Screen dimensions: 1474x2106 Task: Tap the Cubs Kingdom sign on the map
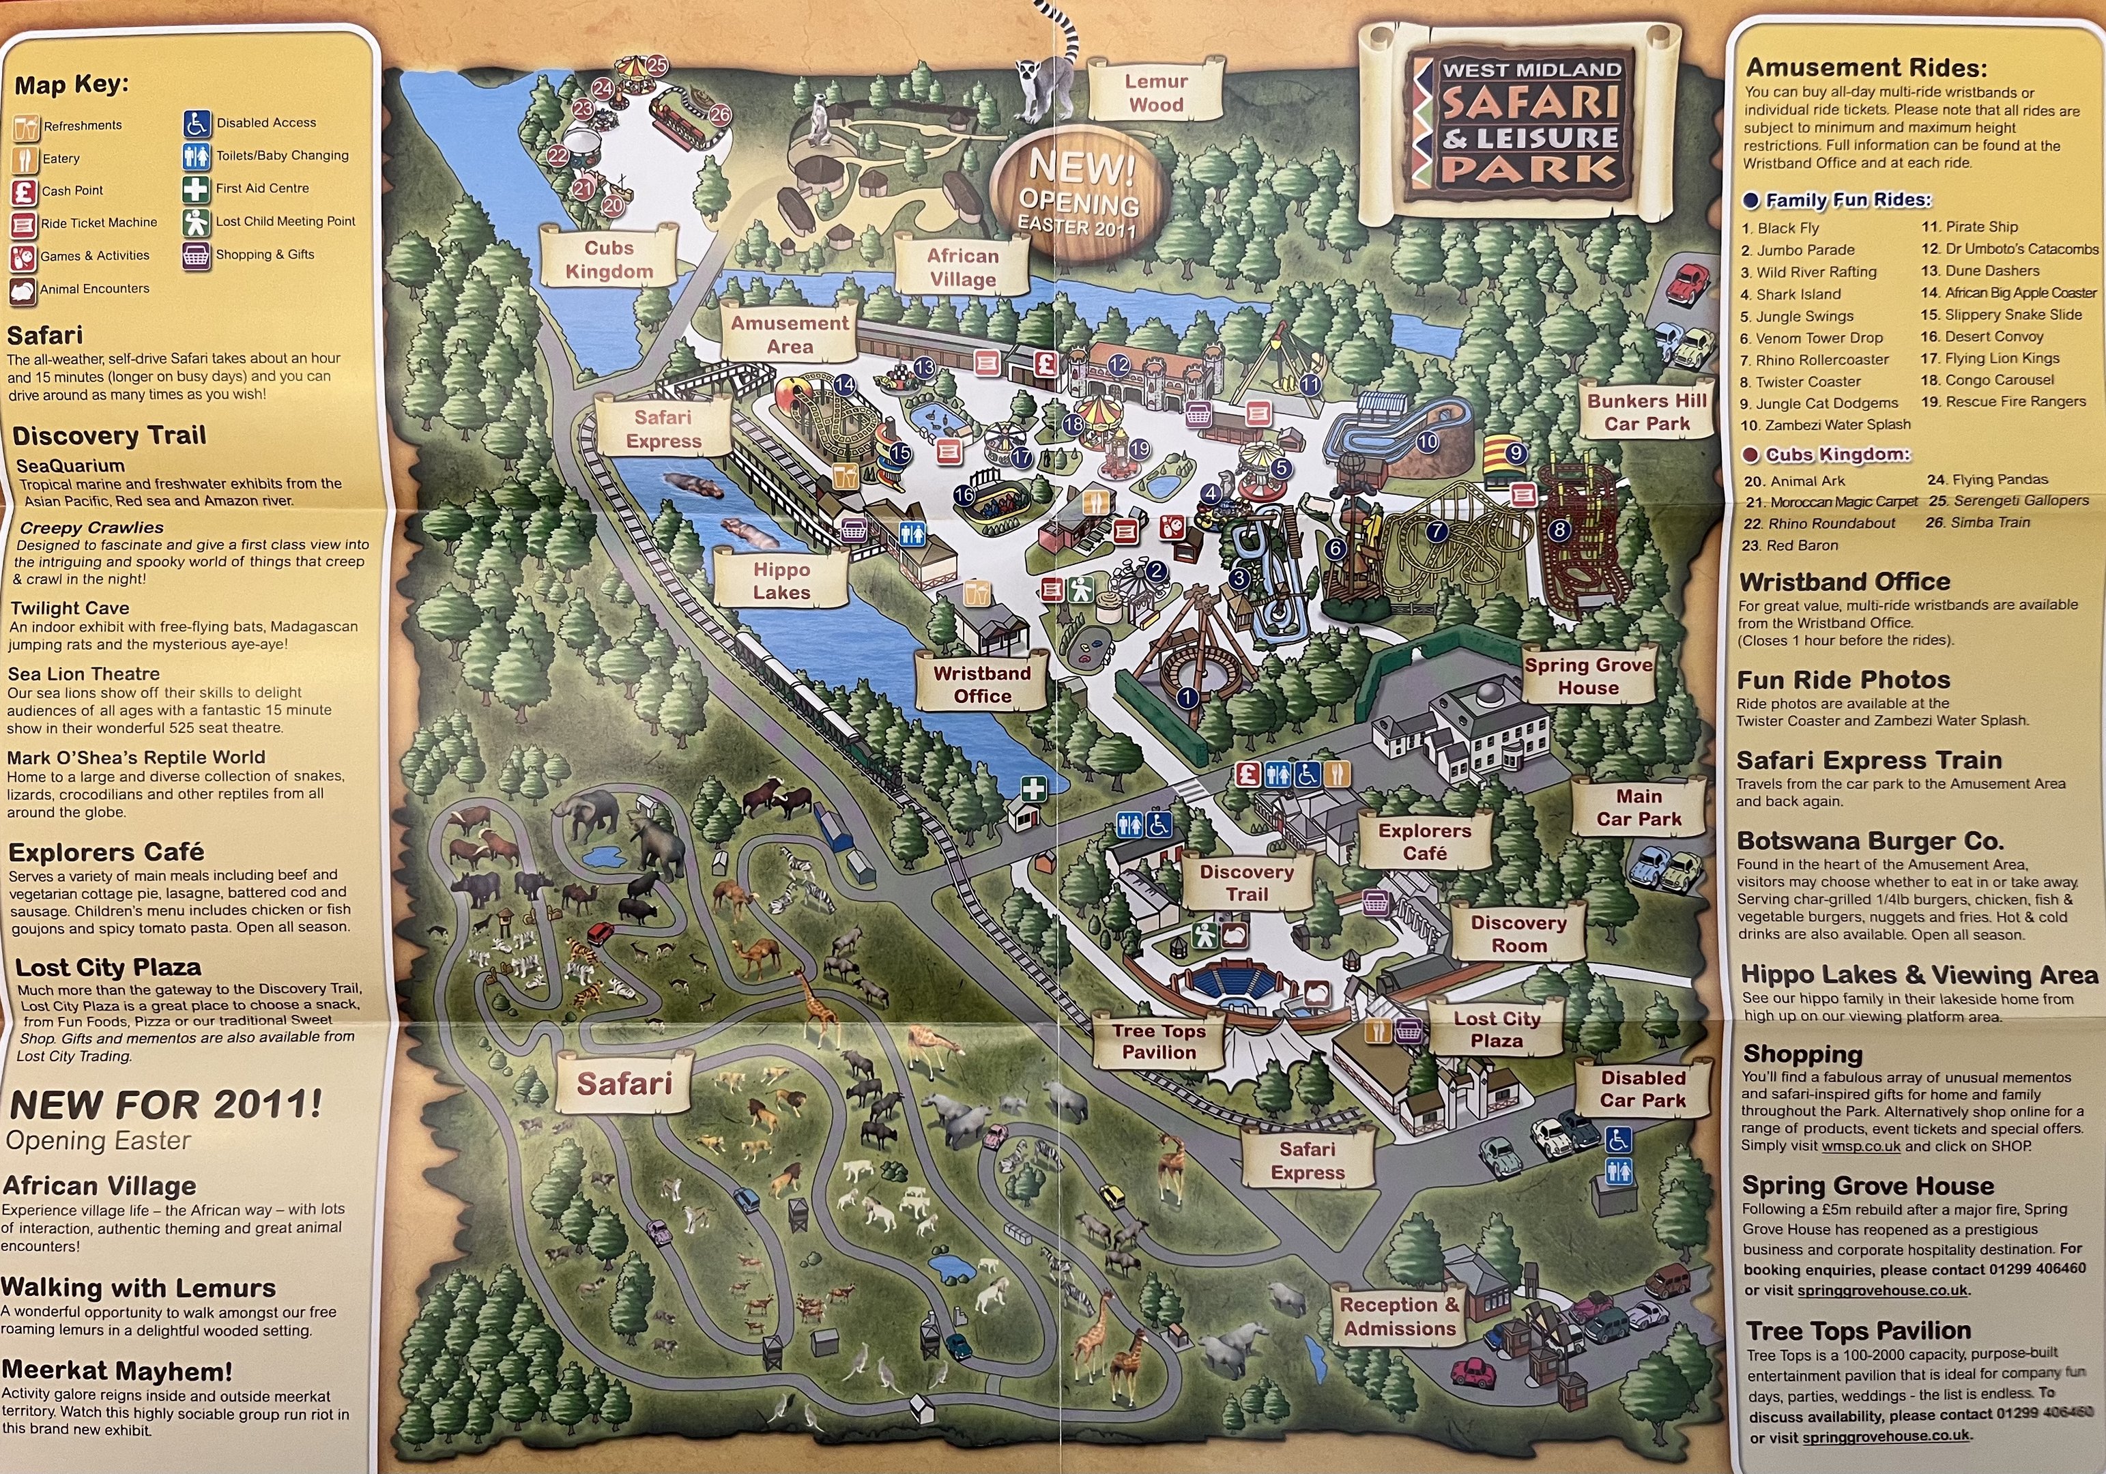pyautogui.click(x=609, y=259)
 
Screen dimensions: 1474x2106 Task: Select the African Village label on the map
pyautogui.click(x=962, y=267)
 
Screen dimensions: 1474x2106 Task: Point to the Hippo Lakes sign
pyautogui.click(x=781, y=581)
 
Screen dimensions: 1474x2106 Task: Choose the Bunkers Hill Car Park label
pyautogui.click(x=1647, y=412)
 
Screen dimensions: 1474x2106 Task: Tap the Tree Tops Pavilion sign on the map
pyautogui.click(x=1159, y=1041)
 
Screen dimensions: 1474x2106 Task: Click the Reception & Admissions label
pyautogui.click(x=1400, y=1316)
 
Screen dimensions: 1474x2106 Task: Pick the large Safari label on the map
pyautogui.click(x=624, y=1083)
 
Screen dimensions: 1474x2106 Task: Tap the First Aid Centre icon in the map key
pyautogui.click(x=195, y=189)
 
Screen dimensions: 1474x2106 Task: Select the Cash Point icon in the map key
pyautogui.click(x=24, y=192)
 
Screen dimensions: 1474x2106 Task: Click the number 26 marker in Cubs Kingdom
pyautogui.click(x=720, y=115)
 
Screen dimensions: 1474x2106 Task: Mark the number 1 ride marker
pyautogui.click(x=1187, y=698)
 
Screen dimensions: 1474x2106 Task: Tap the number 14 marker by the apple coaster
pyautogui.click(x=843, y=386)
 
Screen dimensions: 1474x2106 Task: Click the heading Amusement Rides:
pyautogui.click(x=1866, y=68)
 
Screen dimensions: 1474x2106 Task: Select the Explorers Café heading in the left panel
pyautogui.click(x=106, y=852)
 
